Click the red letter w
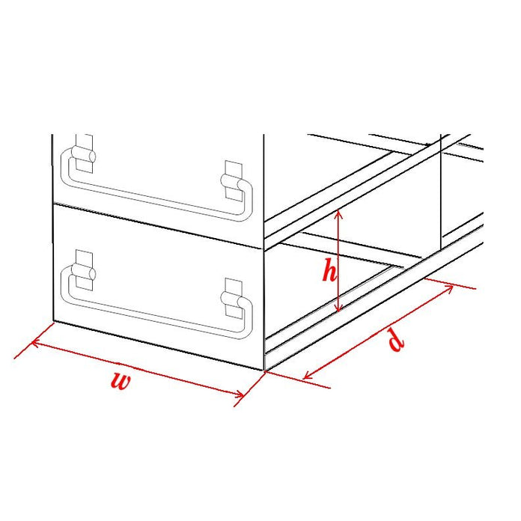pos(120,382)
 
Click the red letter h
pos(329,271)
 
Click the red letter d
pos(397,341)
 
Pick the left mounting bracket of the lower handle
pos(85,268)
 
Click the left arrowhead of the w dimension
pos(34,345)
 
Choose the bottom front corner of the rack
pos(264,369)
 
